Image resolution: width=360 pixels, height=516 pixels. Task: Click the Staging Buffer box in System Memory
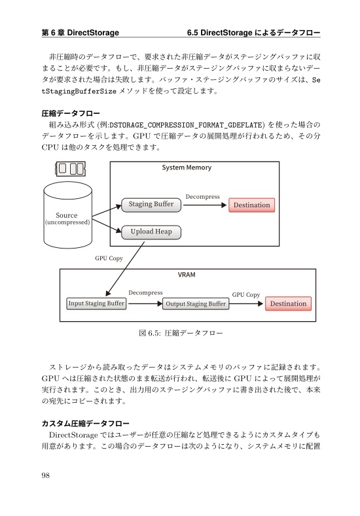[x=151, y=204]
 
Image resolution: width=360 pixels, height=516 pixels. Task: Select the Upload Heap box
[x=151, y=232]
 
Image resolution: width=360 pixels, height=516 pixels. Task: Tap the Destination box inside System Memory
[x=251, y=205]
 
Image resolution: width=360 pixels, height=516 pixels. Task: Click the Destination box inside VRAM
[x=288, y=303]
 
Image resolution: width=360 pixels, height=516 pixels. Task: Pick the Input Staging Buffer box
[x=96, y=304]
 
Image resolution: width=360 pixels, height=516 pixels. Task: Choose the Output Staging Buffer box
[x=196, y=304]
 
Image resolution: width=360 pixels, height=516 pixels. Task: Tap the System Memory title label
[x=187, y=168]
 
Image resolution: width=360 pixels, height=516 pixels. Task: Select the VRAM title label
[x=187, y=275]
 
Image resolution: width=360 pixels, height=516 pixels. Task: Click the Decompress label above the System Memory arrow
[x=202, y=196]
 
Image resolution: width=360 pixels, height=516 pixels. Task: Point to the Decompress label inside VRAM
[x=145, y=293]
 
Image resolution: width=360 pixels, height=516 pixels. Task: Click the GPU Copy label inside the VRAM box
[x=246, y=295]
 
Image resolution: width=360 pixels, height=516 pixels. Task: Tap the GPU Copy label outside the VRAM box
[x=109, y=258]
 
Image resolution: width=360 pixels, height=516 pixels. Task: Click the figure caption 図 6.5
[x=181, y=334]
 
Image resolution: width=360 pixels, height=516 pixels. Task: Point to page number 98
[x=46, y=475]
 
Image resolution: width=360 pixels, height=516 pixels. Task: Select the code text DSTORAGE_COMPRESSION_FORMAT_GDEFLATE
[x=186, y=124]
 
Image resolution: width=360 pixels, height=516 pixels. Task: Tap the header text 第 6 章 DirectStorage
[x=80, y=32]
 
